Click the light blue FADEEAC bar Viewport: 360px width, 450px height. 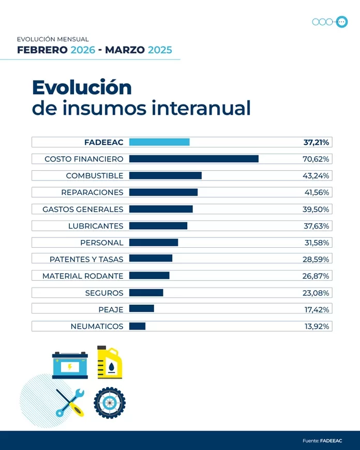(159, 142)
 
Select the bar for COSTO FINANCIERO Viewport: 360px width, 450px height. (193, 159)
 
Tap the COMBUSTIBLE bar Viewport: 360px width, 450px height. (165, 176)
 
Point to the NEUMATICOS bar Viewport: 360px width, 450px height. (137, 326)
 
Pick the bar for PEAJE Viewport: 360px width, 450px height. (141, 309)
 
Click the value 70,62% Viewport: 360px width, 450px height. (316, 159)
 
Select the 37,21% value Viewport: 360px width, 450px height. (316, 142)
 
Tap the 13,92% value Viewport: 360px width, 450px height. (317, 326)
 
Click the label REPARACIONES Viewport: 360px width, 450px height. (92, 192)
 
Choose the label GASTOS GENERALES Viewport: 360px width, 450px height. (83, 209)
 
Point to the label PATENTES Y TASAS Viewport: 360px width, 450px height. (86, 259)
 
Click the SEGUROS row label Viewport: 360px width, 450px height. (104, 293)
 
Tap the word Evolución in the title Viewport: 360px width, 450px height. (82, 87)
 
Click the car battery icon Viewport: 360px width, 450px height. (70, 365)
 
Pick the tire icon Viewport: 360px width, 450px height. (110, 403)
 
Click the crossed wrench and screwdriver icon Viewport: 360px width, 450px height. (70, 403)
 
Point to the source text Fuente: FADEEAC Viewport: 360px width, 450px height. (322, 441)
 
